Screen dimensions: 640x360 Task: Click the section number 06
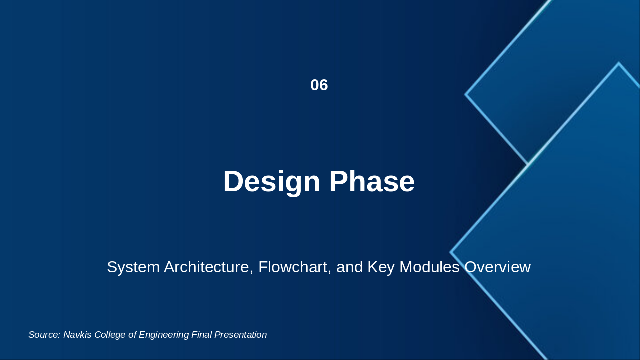[319, 85]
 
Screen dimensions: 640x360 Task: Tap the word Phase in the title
[372, 181]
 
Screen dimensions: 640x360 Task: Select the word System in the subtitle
[133, 267]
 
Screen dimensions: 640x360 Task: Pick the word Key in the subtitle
[381, 267]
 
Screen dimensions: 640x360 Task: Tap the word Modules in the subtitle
[429, 267]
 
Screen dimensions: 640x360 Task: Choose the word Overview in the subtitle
[497, 267]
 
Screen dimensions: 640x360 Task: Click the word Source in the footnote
[44, 335]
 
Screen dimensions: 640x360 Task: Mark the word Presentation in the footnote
[241, 335]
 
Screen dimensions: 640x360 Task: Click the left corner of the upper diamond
[465, 94]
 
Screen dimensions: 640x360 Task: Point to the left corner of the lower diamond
[450, 252]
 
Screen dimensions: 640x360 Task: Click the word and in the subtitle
[349, 267]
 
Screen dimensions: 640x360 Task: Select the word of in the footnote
[132, 335]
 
